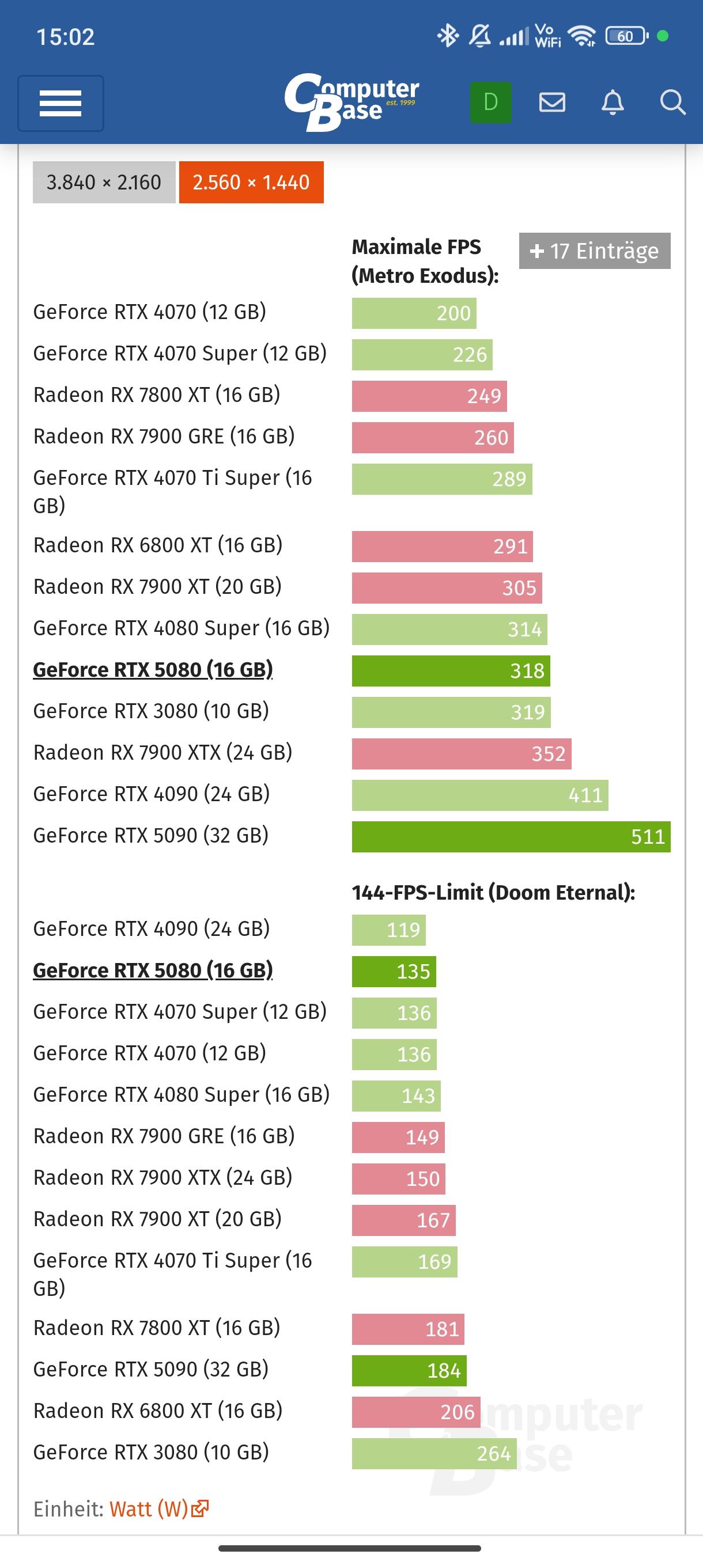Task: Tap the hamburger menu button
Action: pyautogui.click(x=61, y=103)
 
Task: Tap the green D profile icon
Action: pyautogui.click(x=491, y=103)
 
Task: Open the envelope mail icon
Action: pyautogui.click(x=552, y=103)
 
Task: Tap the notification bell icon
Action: pyautogui.click(x=613, y=103)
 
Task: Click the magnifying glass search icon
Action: pyautogui.click(x=672, y=103)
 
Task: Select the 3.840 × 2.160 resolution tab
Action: pyautogui.click(x=104, y=182)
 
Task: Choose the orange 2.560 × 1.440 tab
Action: pyautogui.click(x=251, y=182)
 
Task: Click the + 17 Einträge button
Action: pyautogui.click(x=595, y=251)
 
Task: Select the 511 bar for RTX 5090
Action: pyautogui.click(x=511, y=837)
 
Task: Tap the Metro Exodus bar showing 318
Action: pyautogui.click(x=451, y=670)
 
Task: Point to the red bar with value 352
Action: pyautogui.click(x=461, y=754)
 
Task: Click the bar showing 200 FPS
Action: pyautogui.click(x=414, y=313)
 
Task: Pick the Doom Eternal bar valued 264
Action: pyautogui.click(x=434, y=1454)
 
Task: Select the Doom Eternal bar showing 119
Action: pyautogui.click(x=388, y=930)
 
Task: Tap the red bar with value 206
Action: pyautogui.click(x=416, y=1412)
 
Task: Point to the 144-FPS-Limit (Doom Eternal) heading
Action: pyautogui.click(x=493, y=892)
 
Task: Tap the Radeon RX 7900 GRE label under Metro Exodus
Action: pyautogui.click(x=164, y=437)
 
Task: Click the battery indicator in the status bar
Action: pyautogui.click(x=626, y=36)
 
